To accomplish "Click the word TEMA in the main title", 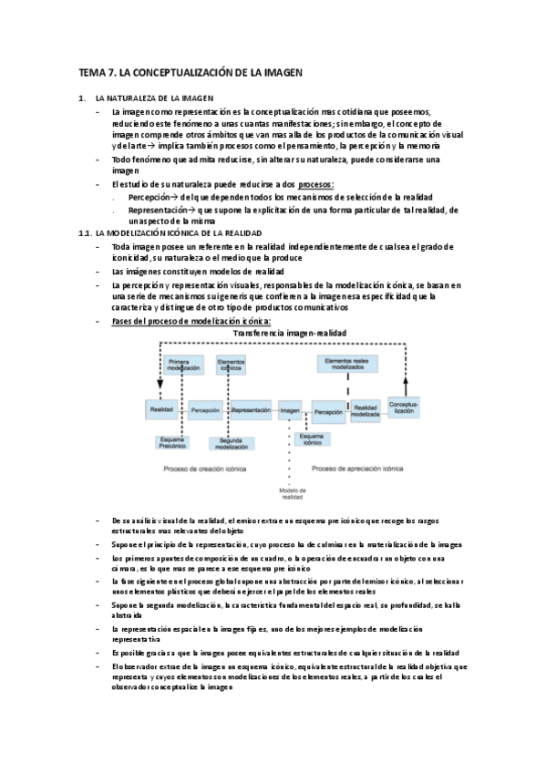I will pos(92,71).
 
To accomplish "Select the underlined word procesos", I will pos(316,185).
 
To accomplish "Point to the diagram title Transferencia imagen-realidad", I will pos(290,334).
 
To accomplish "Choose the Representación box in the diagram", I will pos(251,411).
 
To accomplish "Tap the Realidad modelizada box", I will pos(366,411).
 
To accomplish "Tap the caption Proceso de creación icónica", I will pos(207,469).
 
